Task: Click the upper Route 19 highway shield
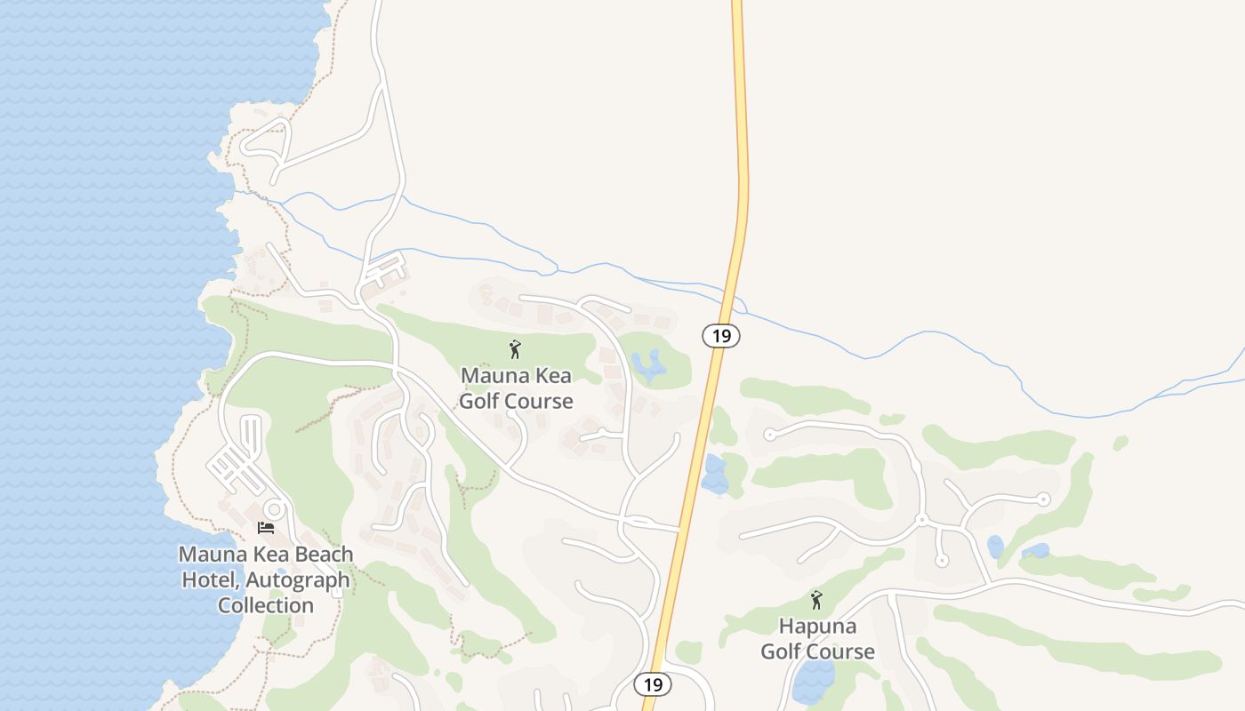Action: [x=721, y=336]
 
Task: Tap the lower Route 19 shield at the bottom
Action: [x=653, y=684]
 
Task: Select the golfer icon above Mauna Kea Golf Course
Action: [x=515, y=349]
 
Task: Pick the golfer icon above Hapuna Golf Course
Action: [x=816, y=600]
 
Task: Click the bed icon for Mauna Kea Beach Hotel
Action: [x=266, y=528]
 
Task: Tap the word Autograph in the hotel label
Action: [x=301, y=580]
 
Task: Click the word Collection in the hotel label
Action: [x=266, y=605]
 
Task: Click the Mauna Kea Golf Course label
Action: [x=516, y=388]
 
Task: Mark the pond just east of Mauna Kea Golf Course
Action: [x=649, y=364]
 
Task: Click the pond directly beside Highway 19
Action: [x=714, y=475]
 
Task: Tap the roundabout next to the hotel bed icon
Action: [x=275, y=510]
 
